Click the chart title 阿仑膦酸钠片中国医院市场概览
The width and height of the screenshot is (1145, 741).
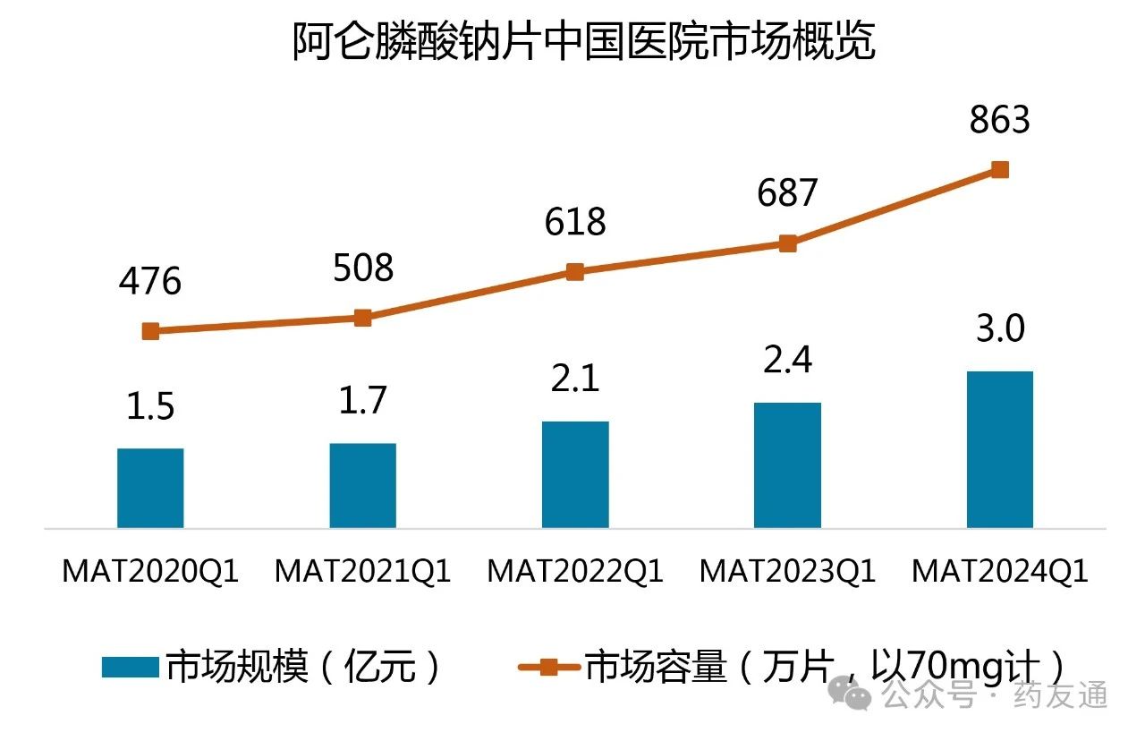583,42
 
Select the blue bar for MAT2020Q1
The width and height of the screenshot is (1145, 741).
150,488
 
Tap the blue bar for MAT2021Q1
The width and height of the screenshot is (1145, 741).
362,485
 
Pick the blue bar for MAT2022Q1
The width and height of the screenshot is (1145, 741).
575,474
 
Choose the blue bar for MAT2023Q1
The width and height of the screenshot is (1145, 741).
787,465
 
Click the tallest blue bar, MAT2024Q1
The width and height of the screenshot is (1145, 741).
1000,449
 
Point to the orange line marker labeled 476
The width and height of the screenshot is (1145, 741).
150,331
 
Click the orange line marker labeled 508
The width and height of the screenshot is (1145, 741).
362,318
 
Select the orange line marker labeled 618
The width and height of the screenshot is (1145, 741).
575,272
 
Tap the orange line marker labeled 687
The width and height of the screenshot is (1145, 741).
787,243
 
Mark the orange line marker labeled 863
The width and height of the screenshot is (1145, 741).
1000,169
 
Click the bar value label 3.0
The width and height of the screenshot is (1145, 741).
1000,330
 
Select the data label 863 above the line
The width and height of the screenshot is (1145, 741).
1000,120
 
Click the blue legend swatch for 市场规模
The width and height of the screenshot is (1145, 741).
130,667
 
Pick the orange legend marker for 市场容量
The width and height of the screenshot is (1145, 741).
549,667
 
